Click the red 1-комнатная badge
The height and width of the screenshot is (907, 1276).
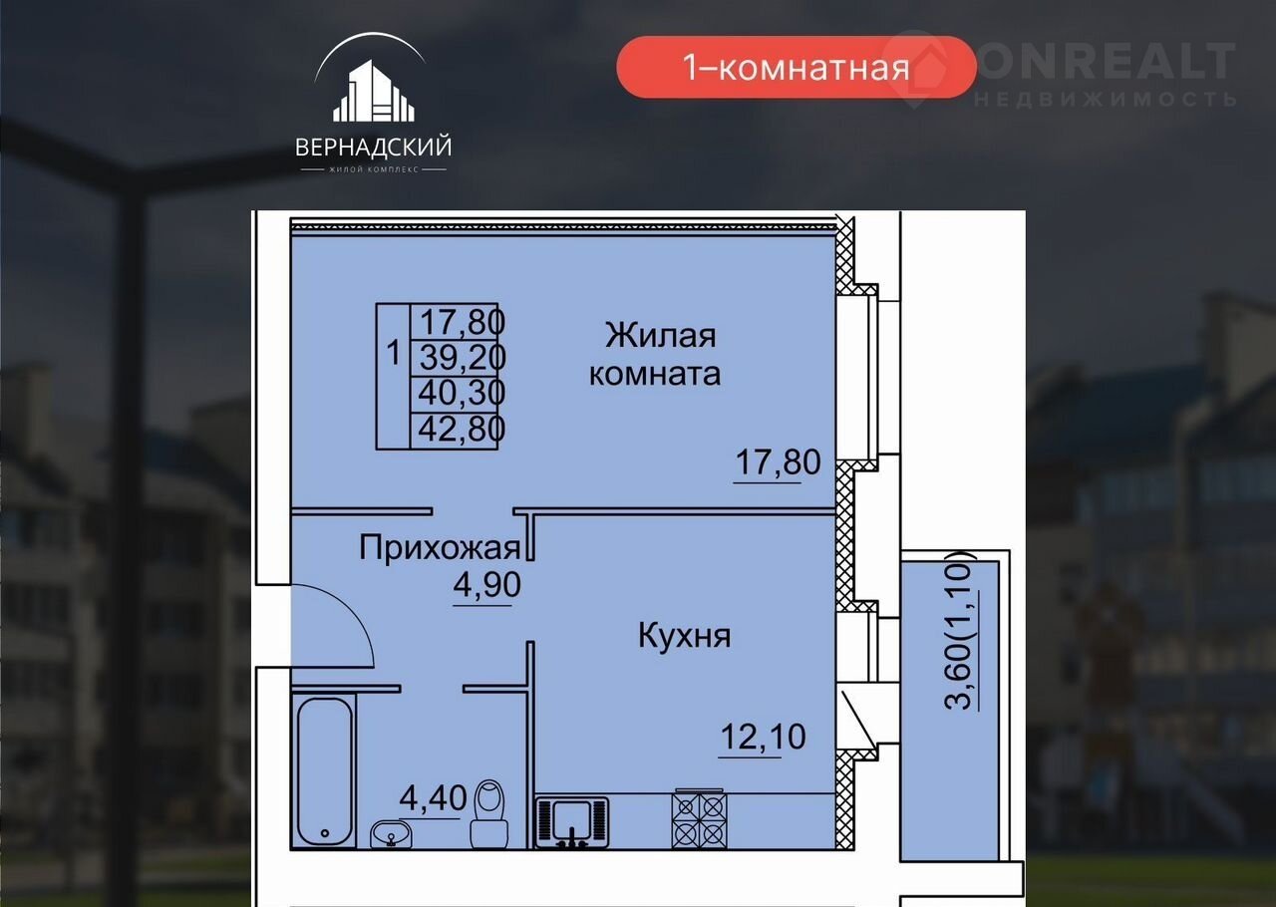pyautogui.click(x=797, y=67)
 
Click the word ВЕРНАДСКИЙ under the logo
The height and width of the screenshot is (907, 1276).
pyautogui.click(x=374, y=148)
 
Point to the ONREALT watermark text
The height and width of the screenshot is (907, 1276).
pyautogui.click(x=1106, y=62)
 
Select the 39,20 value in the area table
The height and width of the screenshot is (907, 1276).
pyautogui.click(x=463, y=357)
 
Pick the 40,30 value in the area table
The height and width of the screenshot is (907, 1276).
pyautogui.click(x=462, y=393)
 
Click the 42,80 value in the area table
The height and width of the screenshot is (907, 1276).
pyautogui.click(x=462, y=429)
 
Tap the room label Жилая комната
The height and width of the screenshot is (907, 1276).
pyautogui.click(x=655, y=354)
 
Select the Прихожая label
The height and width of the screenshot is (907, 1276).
pyautogui.click(x=440, y=547)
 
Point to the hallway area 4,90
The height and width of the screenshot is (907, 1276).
pyautogui.click(x=486, y=584)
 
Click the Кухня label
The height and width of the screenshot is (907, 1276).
pyautogui.click(x=684, y=635)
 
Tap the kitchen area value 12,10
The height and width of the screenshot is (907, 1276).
pyautogui.click(x=763, y=737)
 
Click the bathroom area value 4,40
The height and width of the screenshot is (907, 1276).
pyautogui.click(x=433, y=797)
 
